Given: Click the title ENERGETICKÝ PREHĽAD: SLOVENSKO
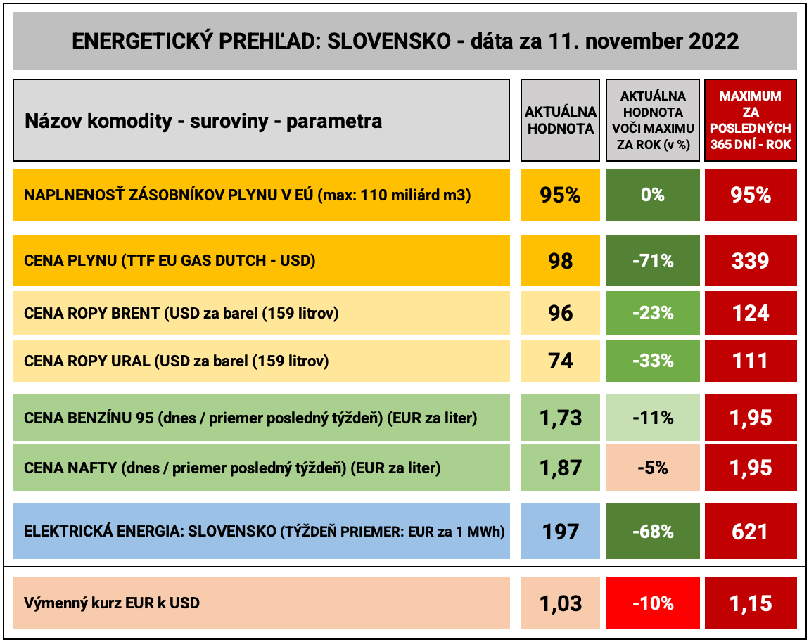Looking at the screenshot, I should tap(405, 41).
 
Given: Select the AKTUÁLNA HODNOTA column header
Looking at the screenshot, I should tap(561, 120).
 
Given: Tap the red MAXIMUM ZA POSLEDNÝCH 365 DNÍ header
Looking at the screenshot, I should tap(750, 120).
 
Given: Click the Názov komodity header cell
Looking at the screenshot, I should tap(261, 121).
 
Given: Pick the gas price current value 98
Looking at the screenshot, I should tap(561, 261).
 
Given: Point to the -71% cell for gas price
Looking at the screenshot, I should tap(653, 261).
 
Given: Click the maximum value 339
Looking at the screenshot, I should tap(750, 261).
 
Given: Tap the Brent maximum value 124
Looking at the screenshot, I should tap(750, 313).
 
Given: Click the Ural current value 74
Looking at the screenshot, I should tap(561, 361).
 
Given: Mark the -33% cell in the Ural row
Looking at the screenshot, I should tap(653, 361).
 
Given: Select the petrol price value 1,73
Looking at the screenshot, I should tap(561, 418).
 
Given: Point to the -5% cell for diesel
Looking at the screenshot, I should tap(653, 468).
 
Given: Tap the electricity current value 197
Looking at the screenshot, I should tap(561, 532).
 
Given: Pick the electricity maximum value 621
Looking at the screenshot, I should tap(750, 532).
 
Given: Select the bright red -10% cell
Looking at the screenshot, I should tap(653, 603).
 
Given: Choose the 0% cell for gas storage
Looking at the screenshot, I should tap(653, 195).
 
